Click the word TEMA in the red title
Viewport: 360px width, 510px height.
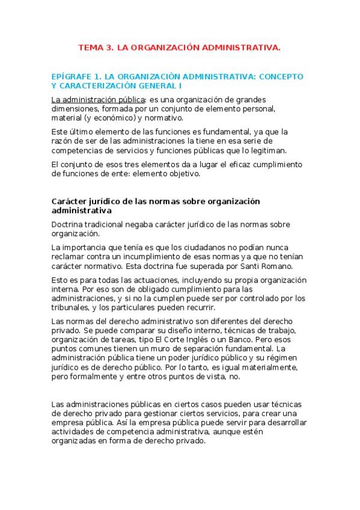91,46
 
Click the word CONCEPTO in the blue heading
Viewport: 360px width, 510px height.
277,77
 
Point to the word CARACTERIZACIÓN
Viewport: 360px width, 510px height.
103,85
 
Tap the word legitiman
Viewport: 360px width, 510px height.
268,150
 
